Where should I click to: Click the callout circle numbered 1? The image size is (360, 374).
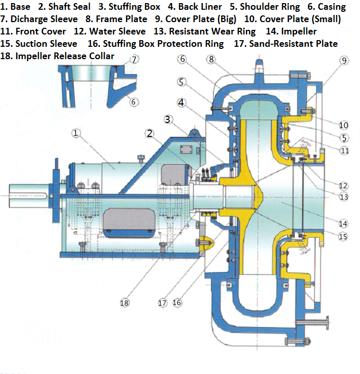(x=76, y=133)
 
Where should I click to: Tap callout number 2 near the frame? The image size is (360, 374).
(x=149, y=134)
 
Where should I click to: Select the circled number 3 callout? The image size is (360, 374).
(x=167, y=119)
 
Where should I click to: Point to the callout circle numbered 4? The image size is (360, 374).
(x=181, y=102)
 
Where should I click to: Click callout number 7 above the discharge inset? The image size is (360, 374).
(x=134, y=60)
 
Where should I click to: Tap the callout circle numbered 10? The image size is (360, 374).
(x=344, y=125)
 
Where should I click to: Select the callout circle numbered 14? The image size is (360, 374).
(x=344, y=224)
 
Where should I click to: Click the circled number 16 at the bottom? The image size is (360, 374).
(x=177, y=302)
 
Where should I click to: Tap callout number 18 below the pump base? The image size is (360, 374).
(x=124, y=303)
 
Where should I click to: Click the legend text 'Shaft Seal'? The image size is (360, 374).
(x=69, y=7)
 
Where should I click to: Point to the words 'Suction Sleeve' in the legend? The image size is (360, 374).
(x=46, y=44)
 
